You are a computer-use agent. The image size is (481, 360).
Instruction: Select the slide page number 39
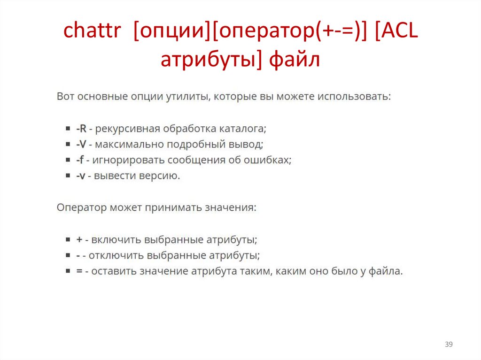pos(449,345)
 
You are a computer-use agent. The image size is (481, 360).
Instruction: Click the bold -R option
pos(81,129)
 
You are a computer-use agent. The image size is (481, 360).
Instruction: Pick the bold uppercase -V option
pos(81,144)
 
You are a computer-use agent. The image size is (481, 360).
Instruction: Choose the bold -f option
pos(80,160)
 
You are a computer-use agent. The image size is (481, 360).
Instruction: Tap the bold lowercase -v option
pos(80,176)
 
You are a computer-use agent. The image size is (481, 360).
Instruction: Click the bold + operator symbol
pos(79,239)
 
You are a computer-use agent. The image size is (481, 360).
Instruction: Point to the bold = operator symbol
pos(79,271)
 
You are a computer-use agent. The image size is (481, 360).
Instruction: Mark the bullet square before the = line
pos(67,271)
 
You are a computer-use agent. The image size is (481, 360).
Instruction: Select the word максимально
pos(122,144)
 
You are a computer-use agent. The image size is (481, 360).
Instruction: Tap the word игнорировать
pos(122,160)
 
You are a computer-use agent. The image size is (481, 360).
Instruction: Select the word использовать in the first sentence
pos(354,97)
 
